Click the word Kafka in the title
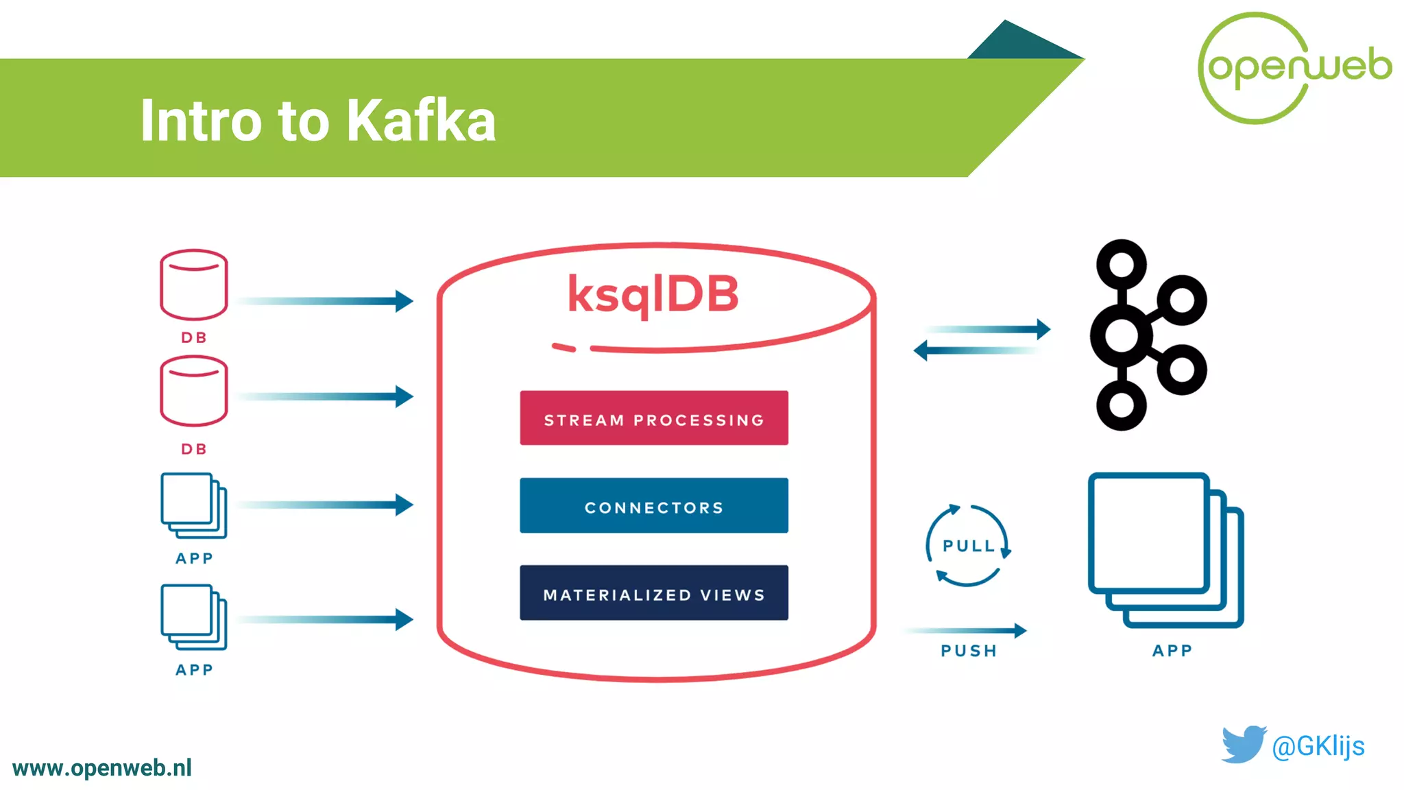click(x=420, y=121)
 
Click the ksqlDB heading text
click(x=653, y=294)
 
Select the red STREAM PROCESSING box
click(x=653, y=418)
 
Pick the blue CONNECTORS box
click(x=653, y=505)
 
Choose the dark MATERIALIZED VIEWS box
click(x=653, y=593)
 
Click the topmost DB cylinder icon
click(x=193, y=285)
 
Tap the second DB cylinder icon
click(x=193, y=391)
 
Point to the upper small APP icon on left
click(x=193, y=505)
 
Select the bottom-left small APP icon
click(x=193, y=617)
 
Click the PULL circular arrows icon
click(x=967, y=546)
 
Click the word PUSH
click(x=968, y=651)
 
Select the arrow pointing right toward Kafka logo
click(x=987, y=330)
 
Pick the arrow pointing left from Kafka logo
click(x=977, y=350)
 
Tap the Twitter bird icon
click(x=1243, y=744)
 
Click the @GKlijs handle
click(x=1318, y=746)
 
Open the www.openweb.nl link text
click(x=102, y=768)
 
